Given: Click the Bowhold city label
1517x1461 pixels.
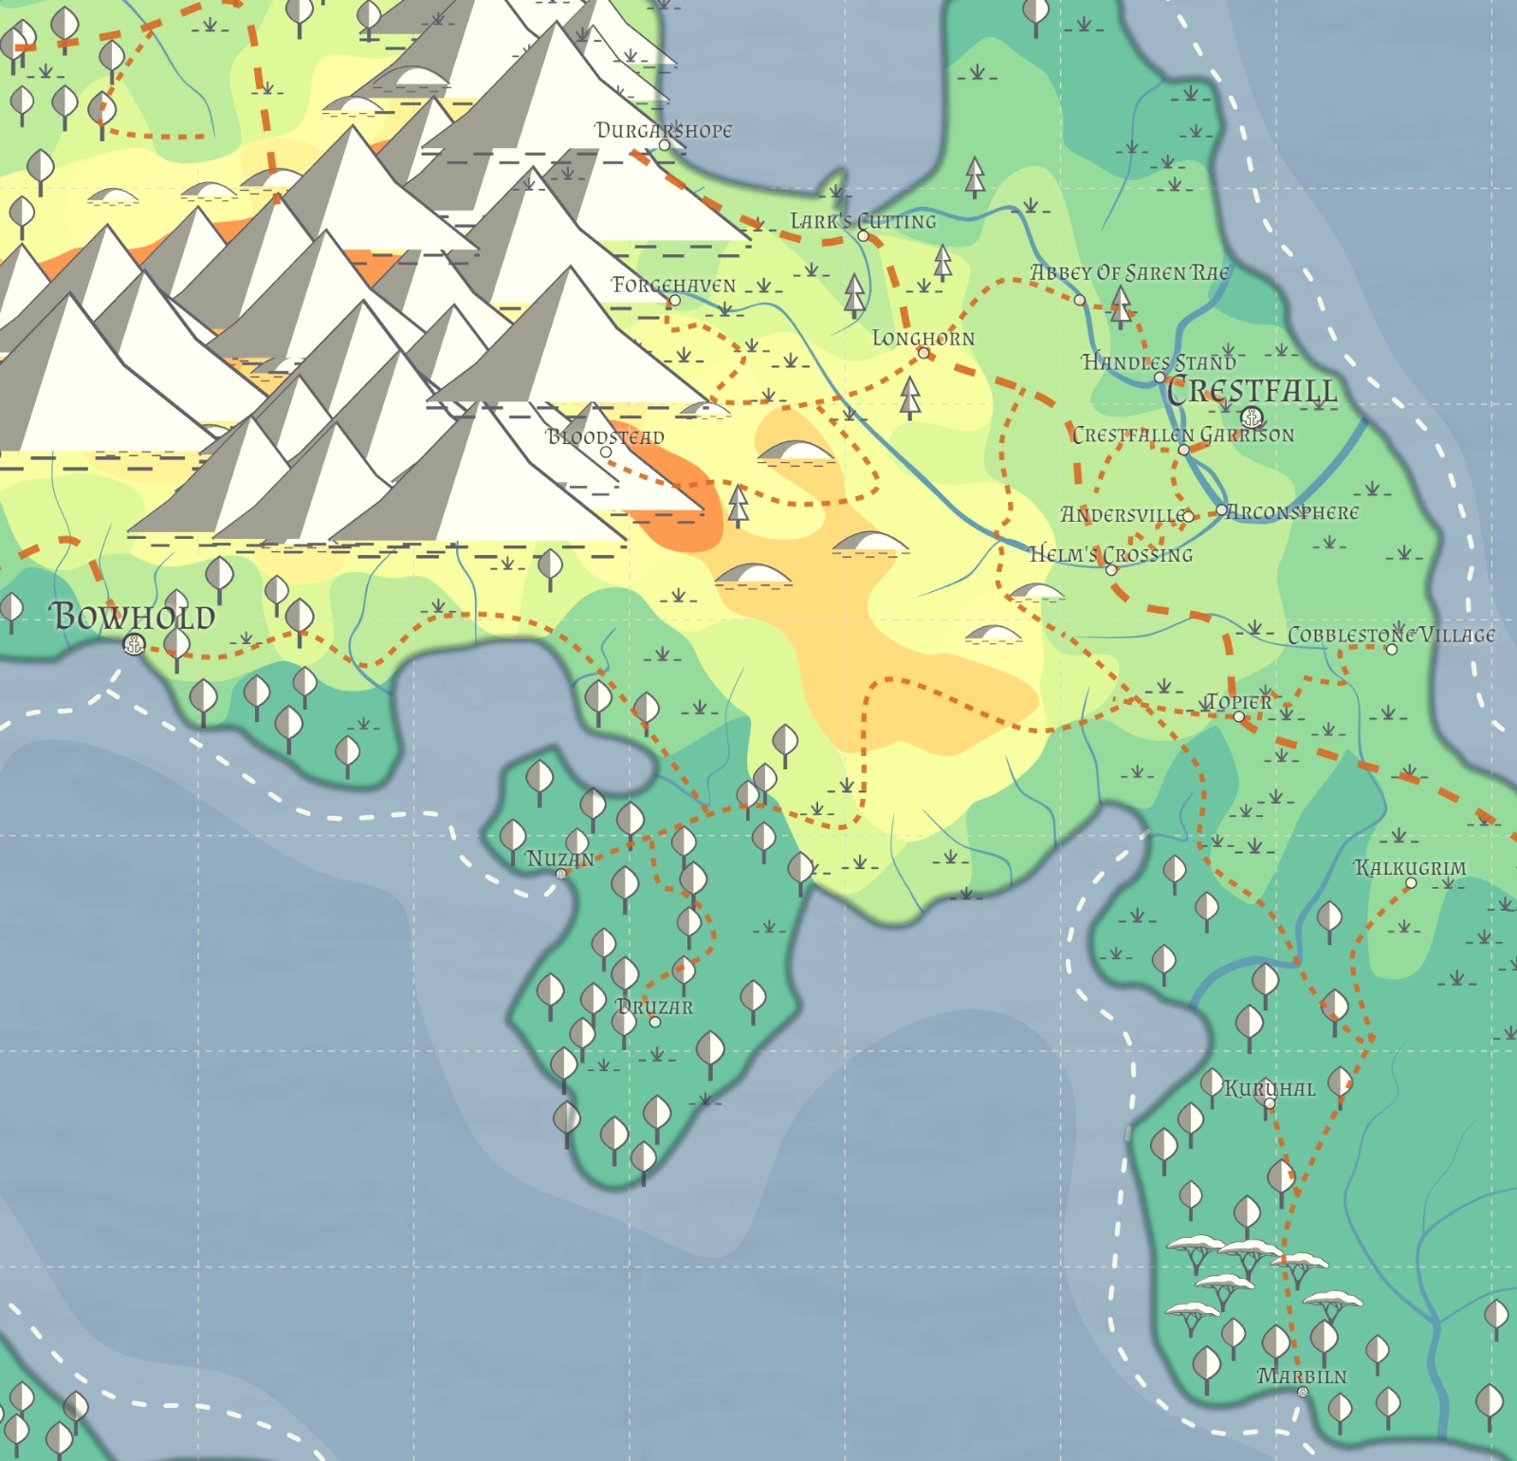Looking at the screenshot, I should coord(133,617).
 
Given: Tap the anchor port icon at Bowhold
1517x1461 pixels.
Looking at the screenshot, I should coord(135,645).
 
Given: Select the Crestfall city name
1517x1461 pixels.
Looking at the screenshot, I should coord(1252,391).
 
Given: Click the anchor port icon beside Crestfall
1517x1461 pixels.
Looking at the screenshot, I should coord(1252,416).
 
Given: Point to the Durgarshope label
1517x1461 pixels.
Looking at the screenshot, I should coord(663,130).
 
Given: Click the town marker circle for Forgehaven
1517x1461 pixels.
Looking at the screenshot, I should coord(674,301).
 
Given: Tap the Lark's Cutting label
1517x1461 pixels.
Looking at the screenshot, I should coord(863,221).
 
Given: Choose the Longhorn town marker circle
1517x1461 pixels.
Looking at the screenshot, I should coord(923,353).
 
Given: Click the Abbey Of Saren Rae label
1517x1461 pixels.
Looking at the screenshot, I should coord(1129,272).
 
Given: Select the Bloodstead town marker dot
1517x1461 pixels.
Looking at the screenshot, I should coord(606,452).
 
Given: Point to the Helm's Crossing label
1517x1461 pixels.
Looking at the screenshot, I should coord(1110,554).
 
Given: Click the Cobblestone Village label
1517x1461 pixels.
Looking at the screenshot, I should coord(1391,635).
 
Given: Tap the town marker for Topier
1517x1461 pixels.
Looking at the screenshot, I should coord(1238,716).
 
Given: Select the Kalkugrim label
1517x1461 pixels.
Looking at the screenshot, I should coord(1410,867).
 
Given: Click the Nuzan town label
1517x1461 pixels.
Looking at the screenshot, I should coord(559,859).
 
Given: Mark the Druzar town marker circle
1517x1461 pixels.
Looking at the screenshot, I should coord(654,1022).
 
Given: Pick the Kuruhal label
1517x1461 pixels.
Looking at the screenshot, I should coord(1269,1088).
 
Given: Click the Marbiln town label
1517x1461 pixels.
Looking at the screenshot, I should coord(1302,1376).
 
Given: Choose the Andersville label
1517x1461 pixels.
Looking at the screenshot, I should coord(1123,514).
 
